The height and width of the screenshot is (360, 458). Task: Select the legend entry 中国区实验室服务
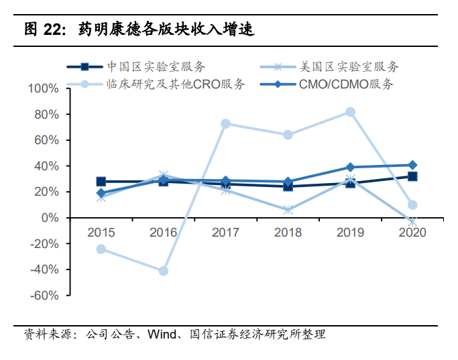156,66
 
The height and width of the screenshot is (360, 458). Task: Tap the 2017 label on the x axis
225,233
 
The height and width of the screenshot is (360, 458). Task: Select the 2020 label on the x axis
412,233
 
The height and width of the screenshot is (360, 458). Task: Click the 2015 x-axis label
101,233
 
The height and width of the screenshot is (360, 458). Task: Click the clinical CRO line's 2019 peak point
350,112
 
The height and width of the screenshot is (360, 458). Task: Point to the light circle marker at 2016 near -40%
164,271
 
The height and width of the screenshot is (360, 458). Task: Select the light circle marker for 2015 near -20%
101,249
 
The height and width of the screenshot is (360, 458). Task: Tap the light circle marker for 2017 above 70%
225,124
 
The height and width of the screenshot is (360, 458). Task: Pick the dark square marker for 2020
412,176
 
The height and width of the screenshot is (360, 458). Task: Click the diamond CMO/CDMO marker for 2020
412,165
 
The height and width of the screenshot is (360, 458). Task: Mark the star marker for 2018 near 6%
288,210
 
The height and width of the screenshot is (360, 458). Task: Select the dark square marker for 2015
101,182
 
